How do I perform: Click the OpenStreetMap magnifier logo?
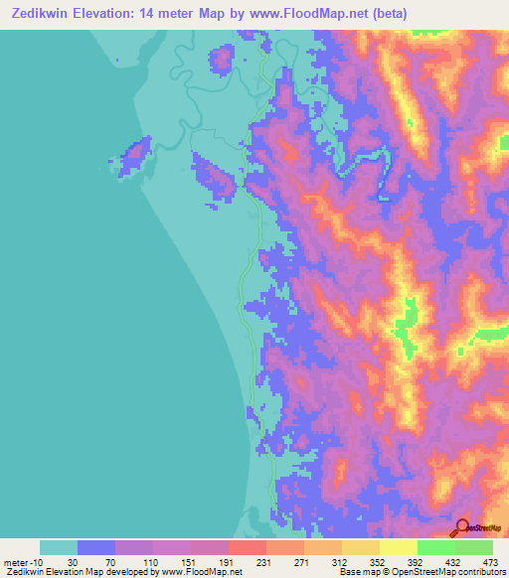coord(462,526)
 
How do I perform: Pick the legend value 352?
coord(378,561)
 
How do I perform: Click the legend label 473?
coord(489,561)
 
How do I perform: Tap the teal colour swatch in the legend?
coord(59,547)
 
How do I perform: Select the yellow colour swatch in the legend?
coord(398,547)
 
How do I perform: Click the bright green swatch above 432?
coord(435,547)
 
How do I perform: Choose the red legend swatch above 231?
coord(248,547)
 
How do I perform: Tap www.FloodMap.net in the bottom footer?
coord(203,573)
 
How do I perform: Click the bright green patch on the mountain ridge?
coord(406,333)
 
